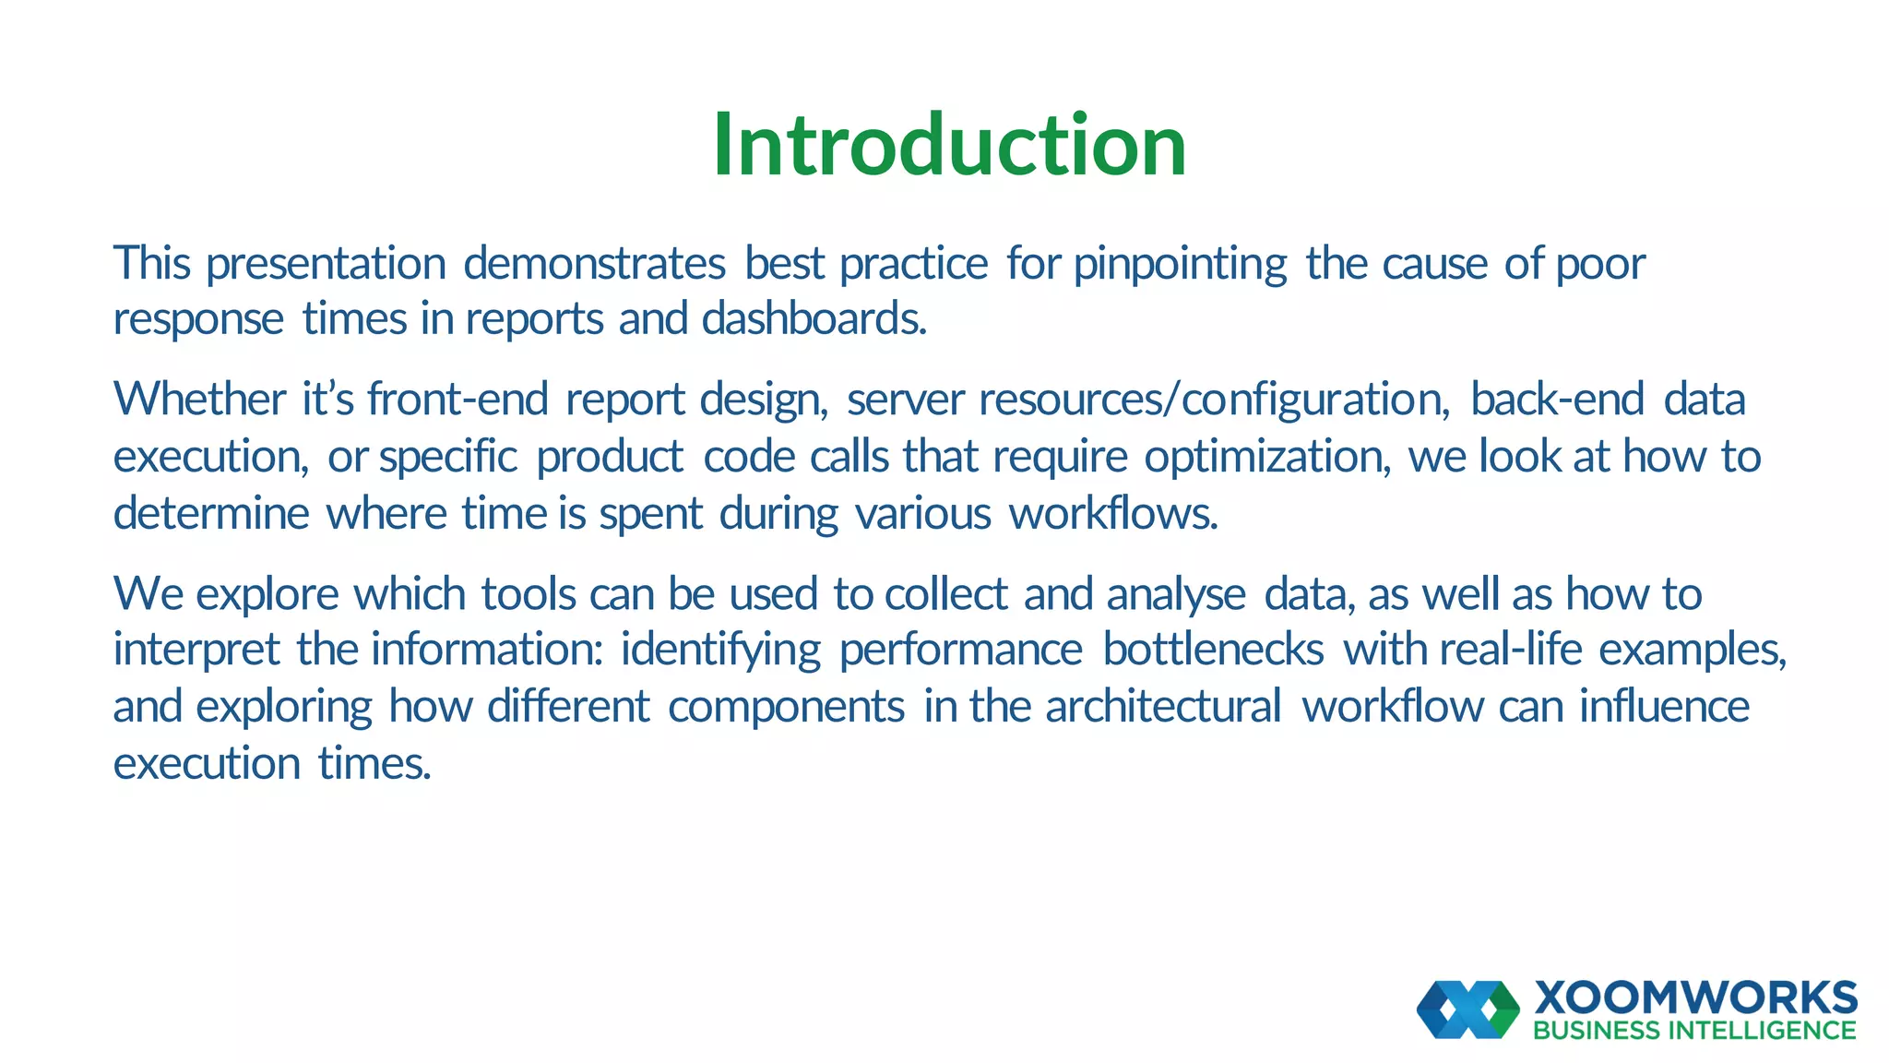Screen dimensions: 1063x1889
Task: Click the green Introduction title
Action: point(949,145)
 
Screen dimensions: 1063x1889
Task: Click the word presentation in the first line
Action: point(326,264)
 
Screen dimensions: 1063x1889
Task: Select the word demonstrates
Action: point(594,264)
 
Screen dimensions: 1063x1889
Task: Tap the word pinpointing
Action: point(1181,264)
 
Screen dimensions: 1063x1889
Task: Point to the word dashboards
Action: point(814,319)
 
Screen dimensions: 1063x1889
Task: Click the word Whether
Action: point(199,400)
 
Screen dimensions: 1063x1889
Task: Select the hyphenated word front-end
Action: point(457,400)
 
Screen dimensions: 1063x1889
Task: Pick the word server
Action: point(905,400)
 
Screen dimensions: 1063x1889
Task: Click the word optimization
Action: point(1266,457)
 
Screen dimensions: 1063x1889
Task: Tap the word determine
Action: point(210,513)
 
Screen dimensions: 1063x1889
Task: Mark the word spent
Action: point(650,513)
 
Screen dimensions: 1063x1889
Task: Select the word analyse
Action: point(1176,595)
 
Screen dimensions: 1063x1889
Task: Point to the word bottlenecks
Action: point(1213,650)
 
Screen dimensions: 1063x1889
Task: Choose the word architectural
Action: point(1163,707)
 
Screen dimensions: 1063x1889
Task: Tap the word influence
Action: point(1664,707)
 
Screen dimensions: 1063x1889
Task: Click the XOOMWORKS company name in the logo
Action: point(1695,998)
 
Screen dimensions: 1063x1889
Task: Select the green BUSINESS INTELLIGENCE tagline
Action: point(1694,1031)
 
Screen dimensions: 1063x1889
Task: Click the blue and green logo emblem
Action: point(1467,1009)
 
